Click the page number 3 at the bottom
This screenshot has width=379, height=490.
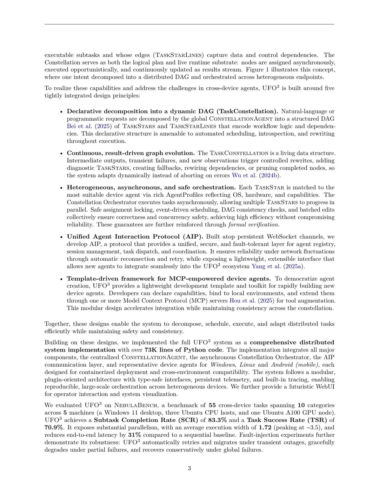[189, 468]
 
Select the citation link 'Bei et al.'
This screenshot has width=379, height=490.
[79, 126]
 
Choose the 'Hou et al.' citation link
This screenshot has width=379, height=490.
[242, 301]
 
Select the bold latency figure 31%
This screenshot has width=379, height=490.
[134, 435]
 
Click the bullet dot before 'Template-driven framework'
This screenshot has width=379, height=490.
[61, 279]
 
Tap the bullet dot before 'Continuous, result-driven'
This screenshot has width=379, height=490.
[61, 154]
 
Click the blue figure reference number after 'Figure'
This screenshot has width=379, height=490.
[267, 69]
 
